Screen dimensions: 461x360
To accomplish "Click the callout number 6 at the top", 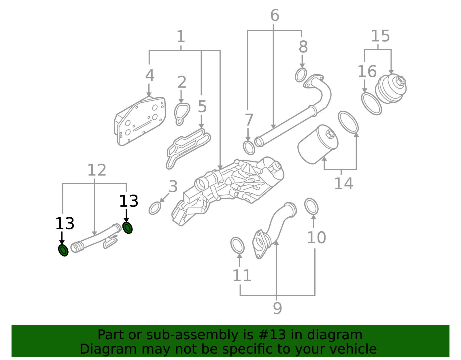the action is [275, 15].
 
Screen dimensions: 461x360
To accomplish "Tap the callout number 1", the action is [181, 36].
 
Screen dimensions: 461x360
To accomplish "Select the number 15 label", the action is [380, 36].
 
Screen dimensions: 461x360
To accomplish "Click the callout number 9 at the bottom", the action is [277, 308].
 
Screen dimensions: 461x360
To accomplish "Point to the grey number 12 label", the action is [97, 170].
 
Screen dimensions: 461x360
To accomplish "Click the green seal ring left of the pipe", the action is [63, 250].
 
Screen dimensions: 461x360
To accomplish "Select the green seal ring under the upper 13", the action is [128, 228].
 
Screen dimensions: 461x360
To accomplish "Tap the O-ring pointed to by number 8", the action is [301, 75].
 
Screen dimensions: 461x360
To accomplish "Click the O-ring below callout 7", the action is [249, 148].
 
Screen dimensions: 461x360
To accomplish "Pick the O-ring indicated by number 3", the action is [155, 208].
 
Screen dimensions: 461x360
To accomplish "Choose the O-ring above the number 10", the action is [311, 206].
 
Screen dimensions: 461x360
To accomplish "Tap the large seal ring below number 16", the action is [371, 104].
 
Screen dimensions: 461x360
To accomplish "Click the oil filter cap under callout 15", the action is [391, 89].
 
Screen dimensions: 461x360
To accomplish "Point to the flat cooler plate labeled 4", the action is [140, 121].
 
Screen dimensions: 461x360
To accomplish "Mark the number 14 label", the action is [344, 184].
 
